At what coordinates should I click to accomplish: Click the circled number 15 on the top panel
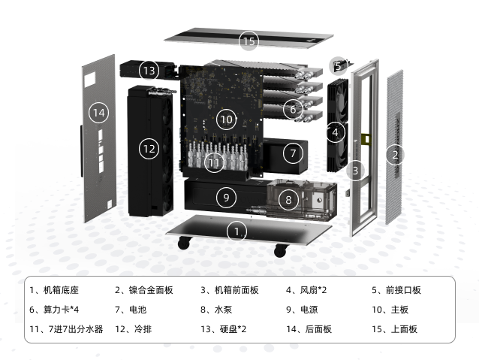[x=249, y=41]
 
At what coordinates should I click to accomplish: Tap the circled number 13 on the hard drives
[x=149, y=71]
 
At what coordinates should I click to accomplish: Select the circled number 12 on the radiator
[x=149, y=149]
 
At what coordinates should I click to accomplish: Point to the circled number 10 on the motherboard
[x=227, y=119]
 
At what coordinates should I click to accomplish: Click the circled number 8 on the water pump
[x=288, y=200]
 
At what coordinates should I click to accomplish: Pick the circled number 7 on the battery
[x=293, y=153]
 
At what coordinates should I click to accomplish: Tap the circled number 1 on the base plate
[x=236, y=231]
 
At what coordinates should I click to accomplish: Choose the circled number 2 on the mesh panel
[x=395, y=155]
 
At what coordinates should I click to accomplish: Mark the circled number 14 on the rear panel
[x=98, y=113]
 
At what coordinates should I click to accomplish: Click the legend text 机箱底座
[x=61, y=290]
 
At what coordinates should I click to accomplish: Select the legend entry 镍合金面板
[x=151, y=290]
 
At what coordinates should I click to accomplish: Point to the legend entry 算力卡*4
[x=61, y=310]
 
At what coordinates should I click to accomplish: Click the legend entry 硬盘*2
[x=233, y=329]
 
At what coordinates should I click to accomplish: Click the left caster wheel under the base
[x=185, y=243]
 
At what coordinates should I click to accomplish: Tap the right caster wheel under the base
[x=281, y=250]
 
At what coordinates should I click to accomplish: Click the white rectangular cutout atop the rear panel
[x=90, y=79]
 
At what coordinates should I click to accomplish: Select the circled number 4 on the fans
[x=335, y=132]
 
